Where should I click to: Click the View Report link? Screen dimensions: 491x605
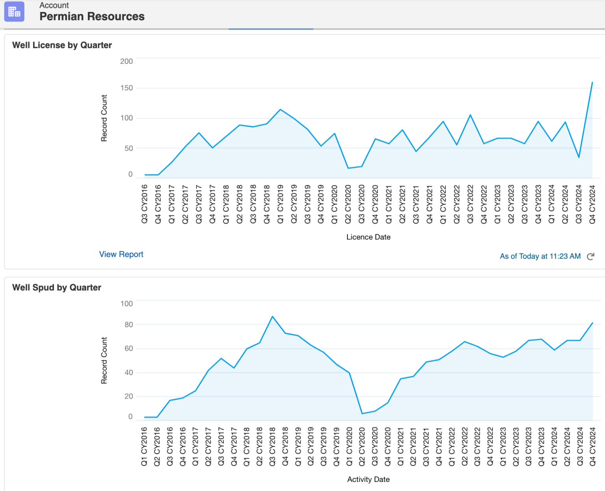pos(121,254)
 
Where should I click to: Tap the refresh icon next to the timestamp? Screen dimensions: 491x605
pos(590,257)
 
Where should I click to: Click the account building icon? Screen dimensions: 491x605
pos(14,11)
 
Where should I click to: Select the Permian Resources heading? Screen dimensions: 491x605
pos(92,17)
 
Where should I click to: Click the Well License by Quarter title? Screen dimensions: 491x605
pos(62,45)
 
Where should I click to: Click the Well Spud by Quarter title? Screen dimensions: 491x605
pos(57,288)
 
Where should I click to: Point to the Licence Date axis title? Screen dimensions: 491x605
pos(368,237)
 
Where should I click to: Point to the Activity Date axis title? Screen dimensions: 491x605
pos(368,479)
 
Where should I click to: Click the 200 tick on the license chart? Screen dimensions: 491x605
pos(126,61)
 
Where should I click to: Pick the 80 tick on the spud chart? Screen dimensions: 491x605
pos(128,324)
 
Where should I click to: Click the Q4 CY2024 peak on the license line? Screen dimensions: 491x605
pos(592,82)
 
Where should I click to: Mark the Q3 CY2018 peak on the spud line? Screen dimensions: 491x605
pos(272,316)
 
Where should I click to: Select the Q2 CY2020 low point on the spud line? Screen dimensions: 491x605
pos(362,413)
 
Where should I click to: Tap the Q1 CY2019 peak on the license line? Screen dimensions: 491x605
pos(280,110)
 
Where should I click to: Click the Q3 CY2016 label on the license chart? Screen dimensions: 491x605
pos(145,204)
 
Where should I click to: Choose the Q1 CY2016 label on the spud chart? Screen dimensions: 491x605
pos(144,446)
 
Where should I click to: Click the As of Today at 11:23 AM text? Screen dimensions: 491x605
pos(540,256)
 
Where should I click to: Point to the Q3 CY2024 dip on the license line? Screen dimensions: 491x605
pos(579,157)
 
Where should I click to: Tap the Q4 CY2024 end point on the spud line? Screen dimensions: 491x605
pos(592,323)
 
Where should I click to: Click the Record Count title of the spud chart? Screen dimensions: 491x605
pos(104,360)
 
